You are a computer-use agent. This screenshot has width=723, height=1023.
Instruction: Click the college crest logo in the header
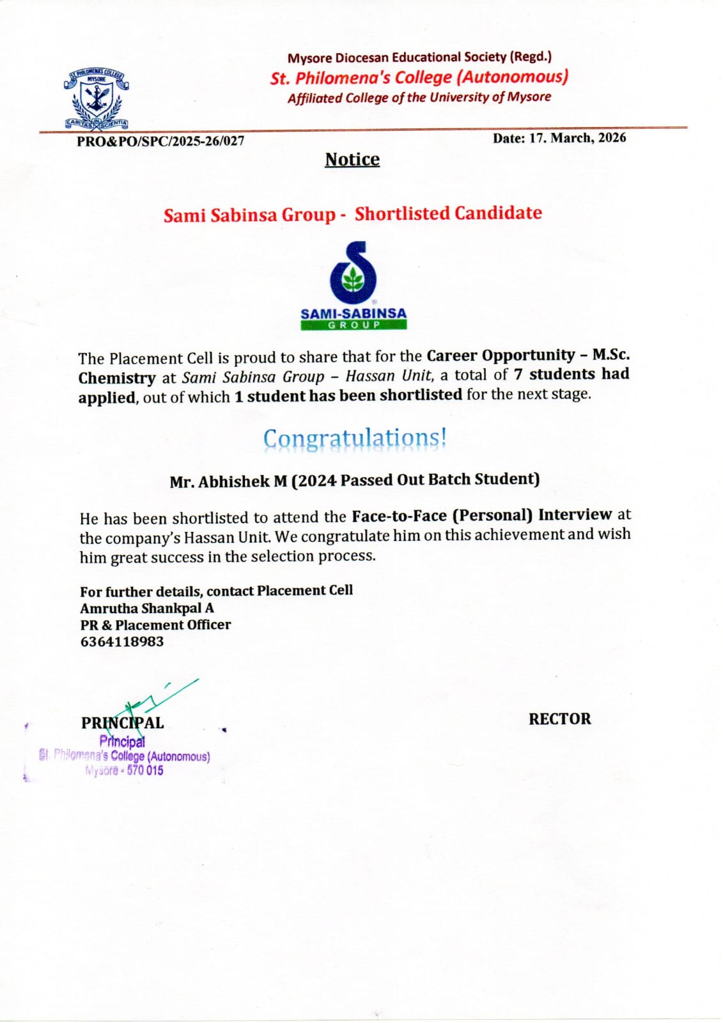pyautogui.click(x=97, y=100)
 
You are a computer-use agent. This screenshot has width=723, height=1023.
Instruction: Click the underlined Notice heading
pyautogui.click(x=352, y=159)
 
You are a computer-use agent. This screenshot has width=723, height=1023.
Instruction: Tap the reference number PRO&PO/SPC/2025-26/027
pyautogui.click(x=160, y=141)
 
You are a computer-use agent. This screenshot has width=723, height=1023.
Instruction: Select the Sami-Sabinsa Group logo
pyautogui.click(x=354, y=285)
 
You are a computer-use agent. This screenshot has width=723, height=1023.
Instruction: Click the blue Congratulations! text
pyautogui.click(x=355, y=439)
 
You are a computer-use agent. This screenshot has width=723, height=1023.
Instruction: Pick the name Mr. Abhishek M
pyautogui.click(x=228, y=481)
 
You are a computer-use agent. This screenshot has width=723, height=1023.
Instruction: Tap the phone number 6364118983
pyautogui.click(x=122, y=641)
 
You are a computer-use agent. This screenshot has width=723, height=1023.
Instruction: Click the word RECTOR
pyautogui.click(x=559, y=719)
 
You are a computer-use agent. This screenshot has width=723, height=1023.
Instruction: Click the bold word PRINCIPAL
pyautogui.click(x=122, y=723)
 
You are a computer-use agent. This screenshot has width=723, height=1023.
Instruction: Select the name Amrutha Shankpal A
pyautogui.click(x=147, y=608)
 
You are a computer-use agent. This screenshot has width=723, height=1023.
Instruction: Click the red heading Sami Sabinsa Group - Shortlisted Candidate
pyautogui.click(x=352, y=214)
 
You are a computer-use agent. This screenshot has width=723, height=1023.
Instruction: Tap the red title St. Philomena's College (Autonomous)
pyautogui.click(x=419, y=77)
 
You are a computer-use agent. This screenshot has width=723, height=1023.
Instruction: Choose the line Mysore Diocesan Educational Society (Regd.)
pyautogui.click(x=419, y=57)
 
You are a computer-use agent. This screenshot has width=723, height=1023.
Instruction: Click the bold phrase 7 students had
pyautogui.click(x=571, y=374)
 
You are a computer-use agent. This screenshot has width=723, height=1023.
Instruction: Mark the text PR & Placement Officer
pyautogui.click(x=155, y=625)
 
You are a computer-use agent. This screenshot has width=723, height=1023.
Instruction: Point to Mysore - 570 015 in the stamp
pyautogui.click(x=125, y=770)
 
